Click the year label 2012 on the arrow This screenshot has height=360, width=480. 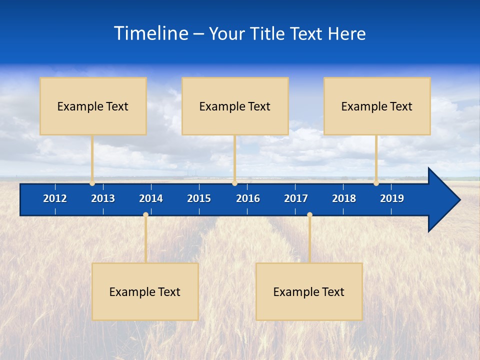55,198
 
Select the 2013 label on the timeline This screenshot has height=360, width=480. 103,198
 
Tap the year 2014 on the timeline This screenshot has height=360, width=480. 151,198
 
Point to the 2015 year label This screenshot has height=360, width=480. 199,198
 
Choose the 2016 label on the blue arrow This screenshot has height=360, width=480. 248,198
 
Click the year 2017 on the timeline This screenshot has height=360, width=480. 296,198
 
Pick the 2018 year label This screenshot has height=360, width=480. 344,198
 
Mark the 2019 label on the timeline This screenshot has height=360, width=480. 392,198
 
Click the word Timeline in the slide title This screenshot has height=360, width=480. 151,33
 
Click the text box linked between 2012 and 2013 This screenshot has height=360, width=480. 93,106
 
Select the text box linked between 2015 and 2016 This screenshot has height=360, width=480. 235,106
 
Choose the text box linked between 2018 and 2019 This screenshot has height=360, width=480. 377,106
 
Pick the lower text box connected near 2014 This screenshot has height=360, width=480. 145,291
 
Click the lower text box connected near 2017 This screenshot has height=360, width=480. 309,291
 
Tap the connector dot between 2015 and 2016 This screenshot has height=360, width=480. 234,183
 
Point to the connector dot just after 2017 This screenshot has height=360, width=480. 309,215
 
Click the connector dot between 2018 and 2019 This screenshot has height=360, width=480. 376,183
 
